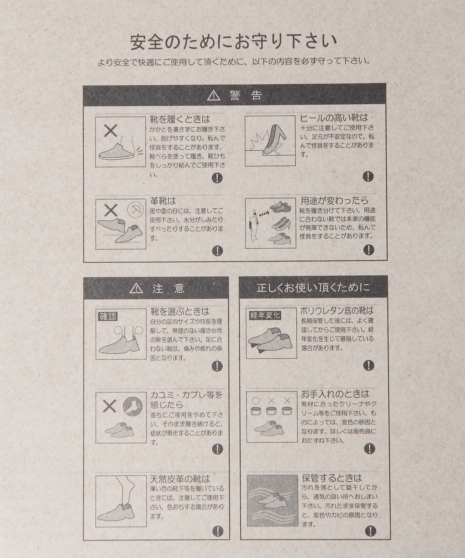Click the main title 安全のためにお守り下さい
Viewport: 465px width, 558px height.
pos(233,42)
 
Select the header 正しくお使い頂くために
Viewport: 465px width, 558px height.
pos(313,288)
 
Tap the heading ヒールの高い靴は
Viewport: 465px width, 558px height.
pos(334,118)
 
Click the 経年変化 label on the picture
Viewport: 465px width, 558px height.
pos(265,315)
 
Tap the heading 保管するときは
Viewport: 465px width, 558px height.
pos(332,478)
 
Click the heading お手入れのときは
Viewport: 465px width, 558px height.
pos(335,394)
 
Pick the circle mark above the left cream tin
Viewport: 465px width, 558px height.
pos(256,401)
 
